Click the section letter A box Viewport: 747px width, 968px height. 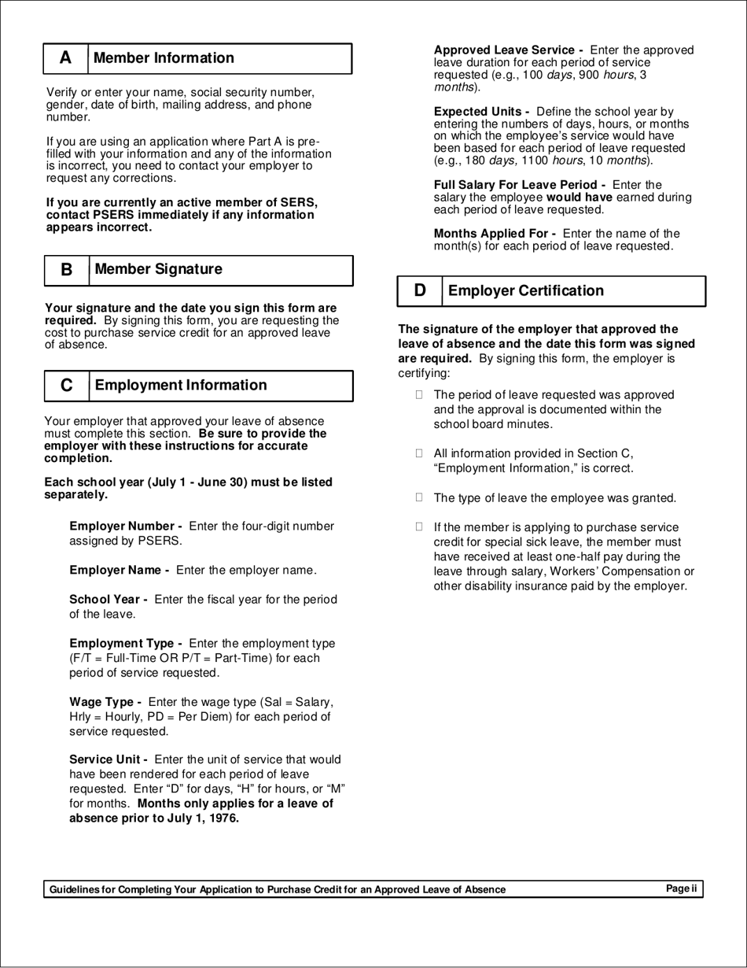65,59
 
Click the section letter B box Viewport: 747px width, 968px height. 66,270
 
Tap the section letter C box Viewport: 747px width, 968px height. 66,386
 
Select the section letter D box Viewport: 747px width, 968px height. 420,291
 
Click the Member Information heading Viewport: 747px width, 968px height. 164,58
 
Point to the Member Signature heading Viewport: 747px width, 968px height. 158,269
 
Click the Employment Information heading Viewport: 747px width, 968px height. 180,385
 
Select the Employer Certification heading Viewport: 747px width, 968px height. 524,291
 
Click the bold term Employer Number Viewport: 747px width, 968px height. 126,526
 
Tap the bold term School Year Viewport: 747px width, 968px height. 109,600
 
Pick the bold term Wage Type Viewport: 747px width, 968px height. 105,702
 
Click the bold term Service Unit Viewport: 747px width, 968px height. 110,759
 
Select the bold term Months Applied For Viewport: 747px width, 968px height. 495,234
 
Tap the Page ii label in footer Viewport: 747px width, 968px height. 681,889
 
